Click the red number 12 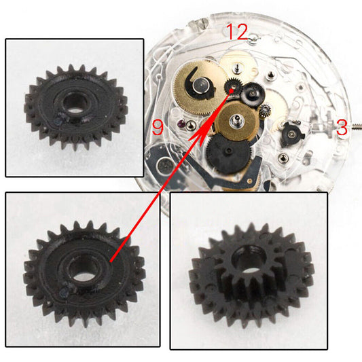click(x=238, y=31)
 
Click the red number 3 click(x=341, y=127)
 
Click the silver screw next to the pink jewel click(x=192, y=125)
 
